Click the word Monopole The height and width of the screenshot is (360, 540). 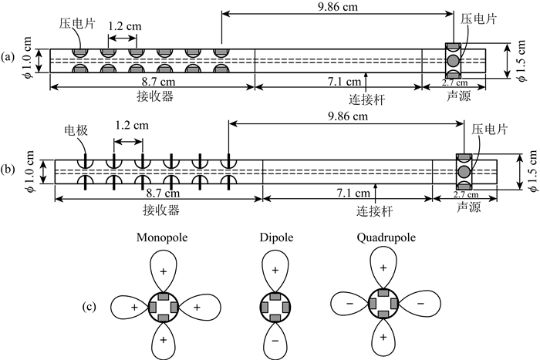pos(161,237)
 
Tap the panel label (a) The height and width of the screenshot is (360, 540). pos(10,57)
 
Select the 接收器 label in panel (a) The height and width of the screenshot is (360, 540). pos(152,96)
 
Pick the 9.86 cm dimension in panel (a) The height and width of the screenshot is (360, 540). pos(337,6)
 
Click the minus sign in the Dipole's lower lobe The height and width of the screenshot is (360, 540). pos(274,338)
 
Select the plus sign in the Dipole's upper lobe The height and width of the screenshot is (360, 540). pos(274,272)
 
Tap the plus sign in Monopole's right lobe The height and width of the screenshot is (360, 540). pos(196,307)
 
